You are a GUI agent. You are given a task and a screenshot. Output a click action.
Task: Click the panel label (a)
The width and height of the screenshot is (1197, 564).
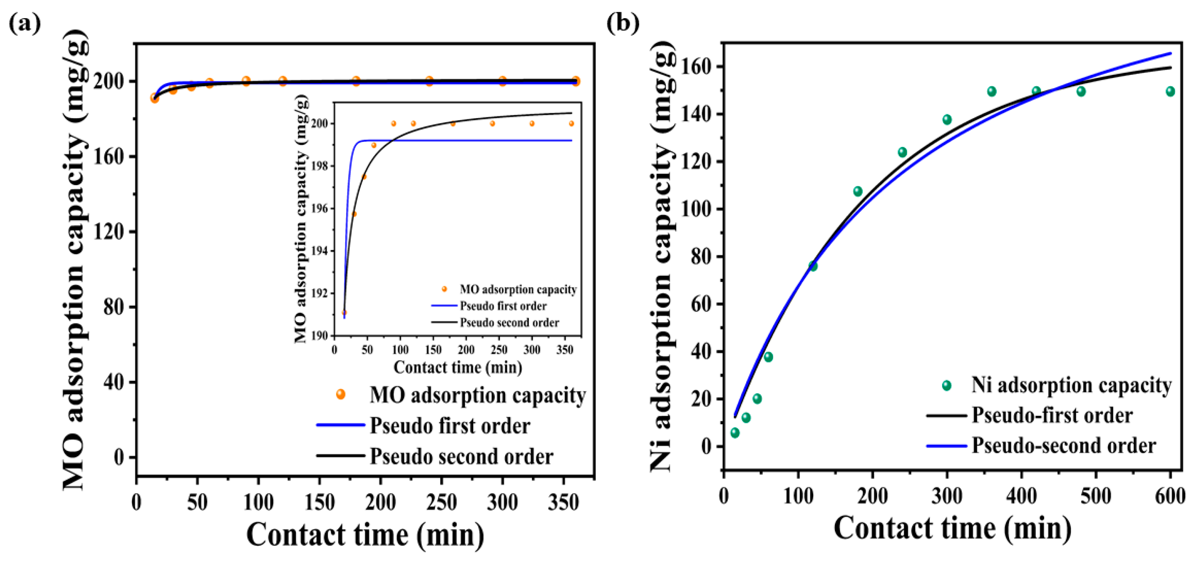point(24,23)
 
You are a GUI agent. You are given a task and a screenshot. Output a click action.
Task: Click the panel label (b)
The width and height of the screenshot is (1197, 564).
point(623,23)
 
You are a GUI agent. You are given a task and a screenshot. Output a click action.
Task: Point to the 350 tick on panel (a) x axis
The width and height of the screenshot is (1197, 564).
point(563,503)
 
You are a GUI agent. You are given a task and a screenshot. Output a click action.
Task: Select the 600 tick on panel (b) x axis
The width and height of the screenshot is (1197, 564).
point(1169,496)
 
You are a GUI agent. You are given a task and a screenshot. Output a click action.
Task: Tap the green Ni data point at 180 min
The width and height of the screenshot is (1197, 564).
point(858,191)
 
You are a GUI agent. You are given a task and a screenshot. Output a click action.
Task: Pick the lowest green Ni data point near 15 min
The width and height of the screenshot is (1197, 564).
point(735,433)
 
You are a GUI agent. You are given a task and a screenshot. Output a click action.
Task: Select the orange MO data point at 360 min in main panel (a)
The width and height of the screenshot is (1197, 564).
point(576,81)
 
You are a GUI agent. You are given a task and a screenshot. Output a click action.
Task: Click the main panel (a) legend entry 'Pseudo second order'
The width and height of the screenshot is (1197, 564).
point(461,456)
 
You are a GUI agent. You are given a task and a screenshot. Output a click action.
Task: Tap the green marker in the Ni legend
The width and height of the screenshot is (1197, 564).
point(946,385)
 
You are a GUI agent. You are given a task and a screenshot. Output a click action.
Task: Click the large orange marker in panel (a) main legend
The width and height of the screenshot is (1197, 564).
point(340,394)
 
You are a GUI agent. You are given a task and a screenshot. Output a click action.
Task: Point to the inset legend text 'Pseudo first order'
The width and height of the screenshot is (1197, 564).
point(503,306)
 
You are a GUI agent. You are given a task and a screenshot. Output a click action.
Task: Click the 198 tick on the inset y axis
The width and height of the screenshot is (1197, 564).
point(320,166)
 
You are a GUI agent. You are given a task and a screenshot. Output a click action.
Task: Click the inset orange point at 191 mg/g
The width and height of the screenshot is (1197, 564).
point(344,313)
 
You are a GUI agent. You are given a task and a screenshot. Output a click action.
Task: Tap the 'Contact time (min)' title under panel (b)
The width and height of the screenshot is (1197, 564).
point(953,529)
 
